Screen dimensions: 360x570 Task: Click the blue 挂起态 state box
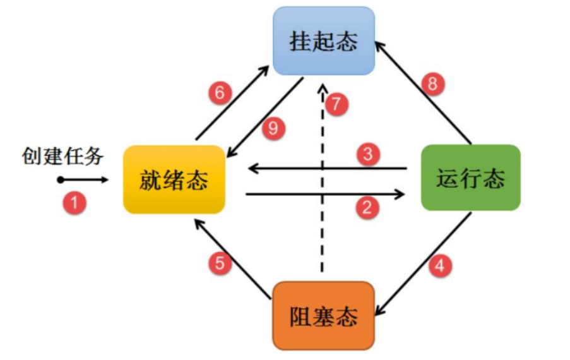point(324,41)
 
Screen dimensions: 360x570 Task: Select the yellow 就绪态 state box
point(174,180)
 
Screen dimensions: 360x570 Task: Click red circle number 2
point(367,207)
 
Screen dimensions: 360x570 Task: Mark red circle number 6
point(219,93)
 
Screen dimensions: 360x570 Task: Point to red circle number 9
point(273,129)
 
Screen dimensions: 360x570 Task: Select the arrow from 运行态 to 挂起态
point(424,92)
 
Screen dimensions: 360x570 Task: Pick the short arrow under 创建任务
point(84,180)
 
